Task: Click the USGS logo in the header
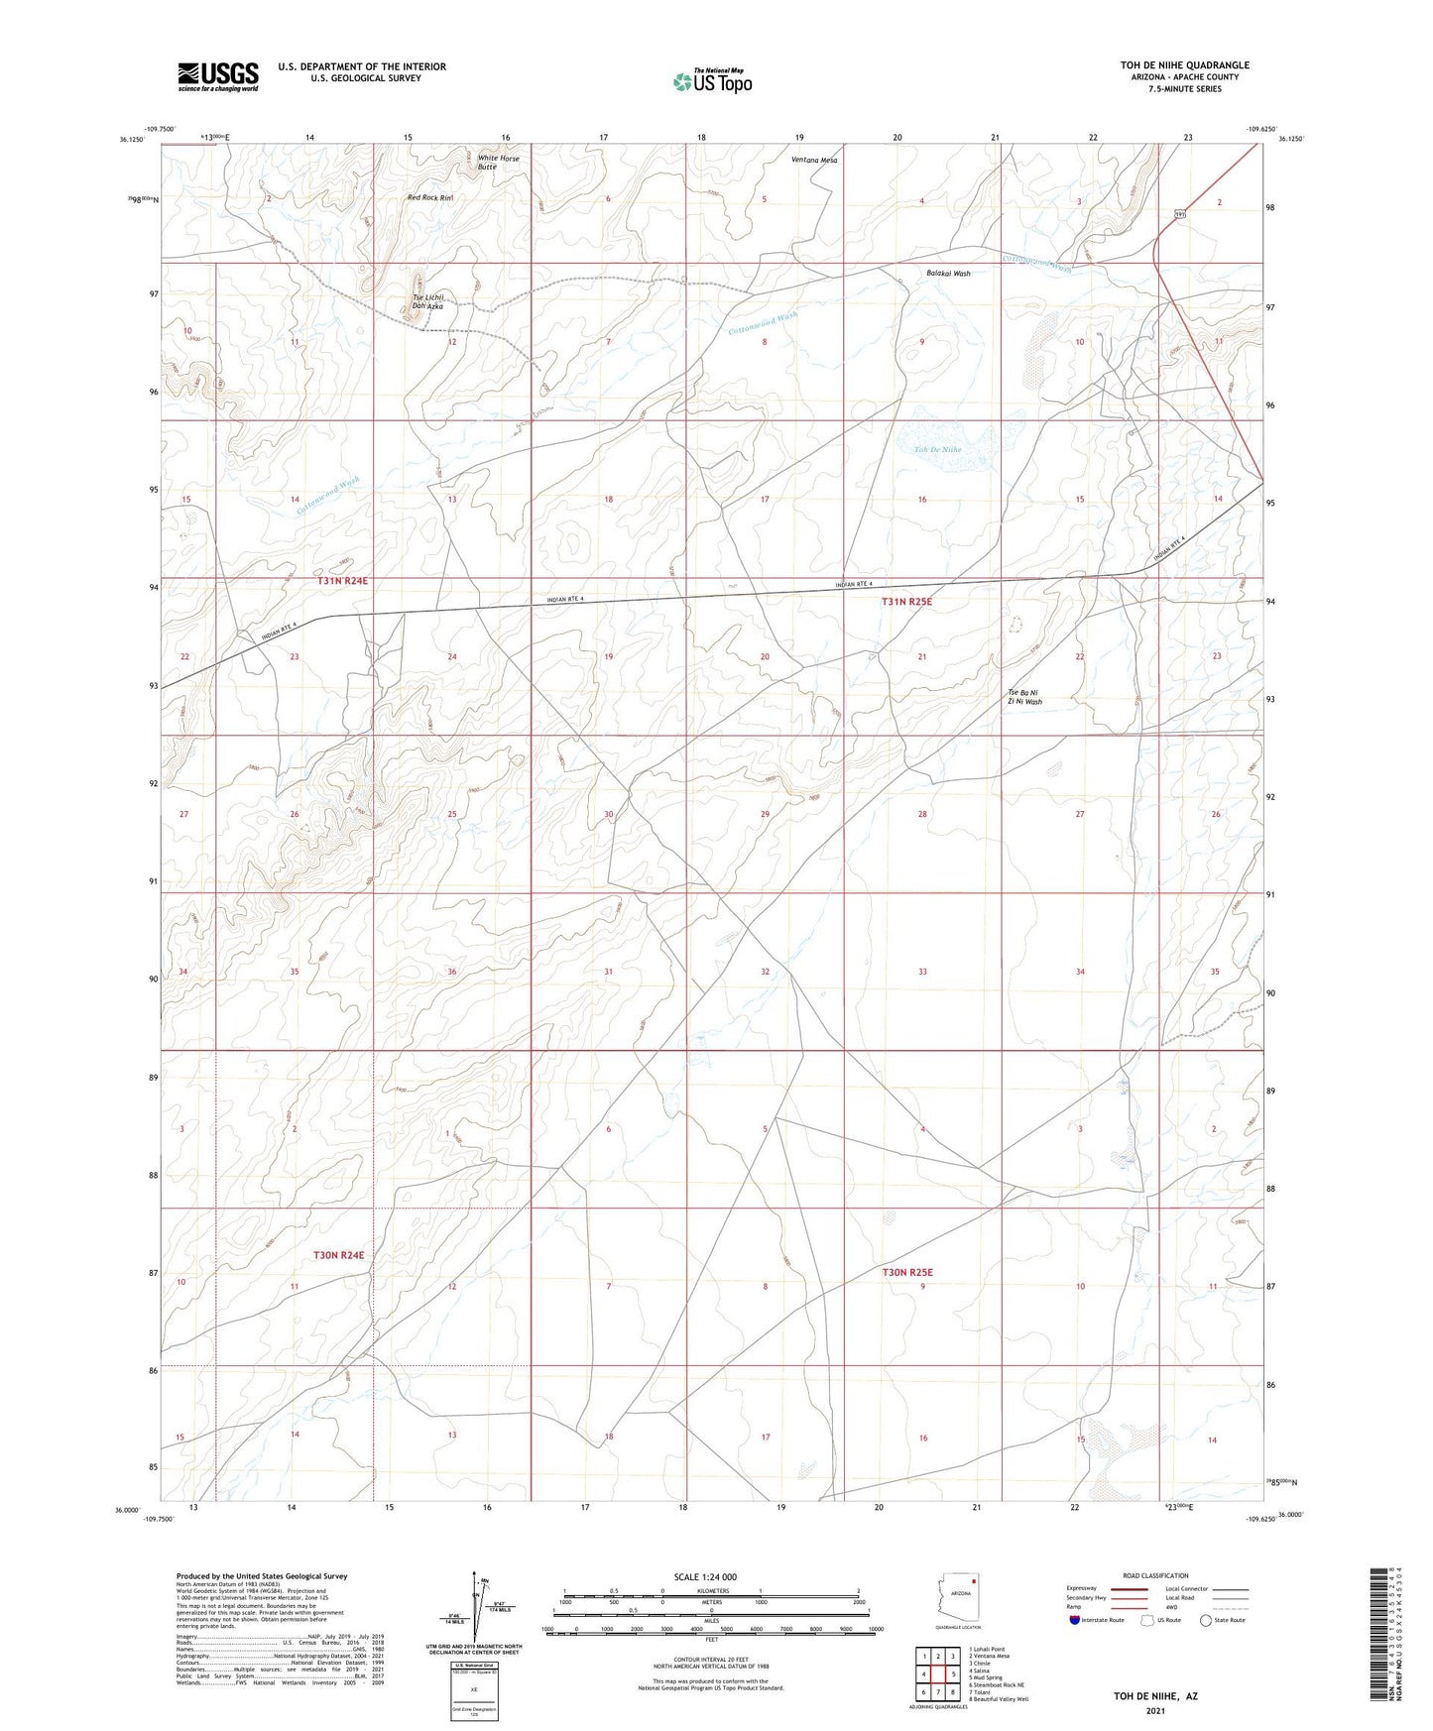[x=218, y=75]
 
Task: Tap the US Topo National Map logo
[x=712, y=81]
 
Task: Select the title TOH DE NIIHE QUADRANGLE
[x=1184, y=65]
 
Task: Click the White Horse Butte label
[x=498, y=163]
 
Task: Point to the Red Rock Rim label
[x=429, y=198]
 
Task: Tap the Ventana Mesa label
[x=814, y=160]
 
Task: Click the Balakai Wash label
[x=947, y=273]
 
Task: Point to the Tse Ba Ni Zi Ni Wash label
[x=1024, y=696]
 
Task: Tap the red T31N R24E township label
[x=342, y=581]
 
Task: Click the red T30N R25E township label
[x=907, y=1272]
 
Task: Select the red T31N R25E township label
[x=907, y=602]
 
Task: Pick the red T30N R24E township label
[x=339, y=1255]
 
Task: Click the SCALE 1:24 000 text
[x=711, y=1576]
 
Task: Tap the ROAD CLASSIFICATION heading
[x=1155, y=1575]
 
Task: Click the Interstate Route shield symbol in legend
[x=1076, y=1620]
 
